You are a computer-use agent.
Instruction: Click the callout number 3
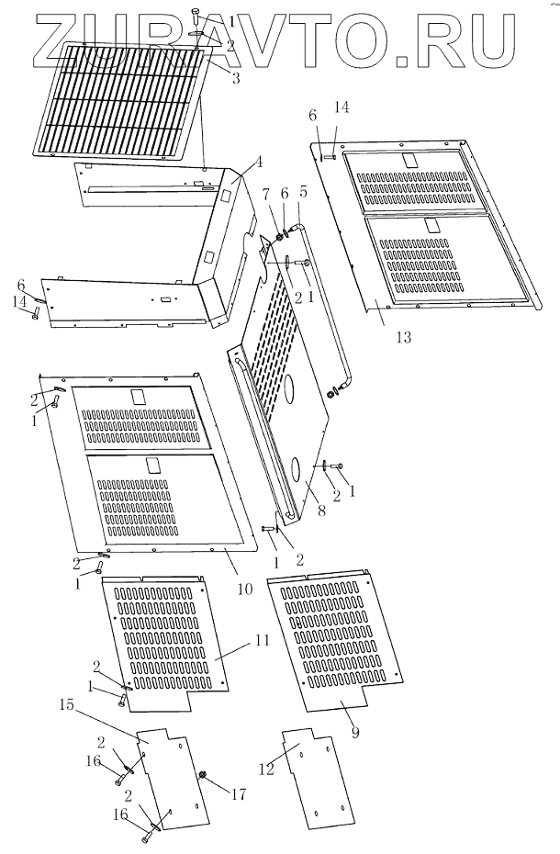pyautogui.click(x=236, y=78)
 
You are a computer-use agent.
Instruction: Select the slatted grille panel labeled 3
pyautogui.click(x=119, y=101)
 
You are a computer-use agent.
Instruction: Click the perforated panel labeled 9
pyautogui.click(x=335, y=634)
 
